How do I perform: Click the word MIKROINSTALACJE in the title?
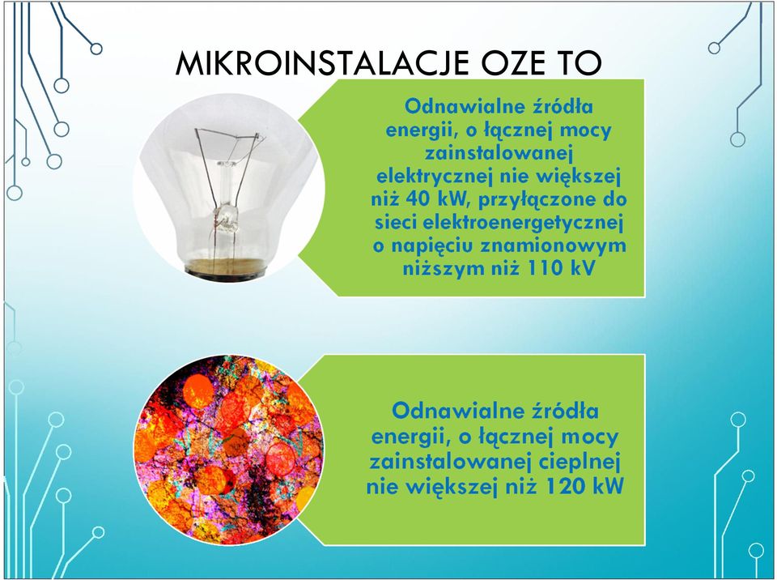pyautogui.click(x=322, y=63)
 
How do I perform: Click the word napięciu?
pyautogui.click(x=432, y=246)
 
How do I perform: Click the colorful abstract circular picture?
pyautogui.click(x=228, y=450)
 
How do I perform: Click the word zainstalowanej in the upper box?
pyautogui.click(x=499, y=154)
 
